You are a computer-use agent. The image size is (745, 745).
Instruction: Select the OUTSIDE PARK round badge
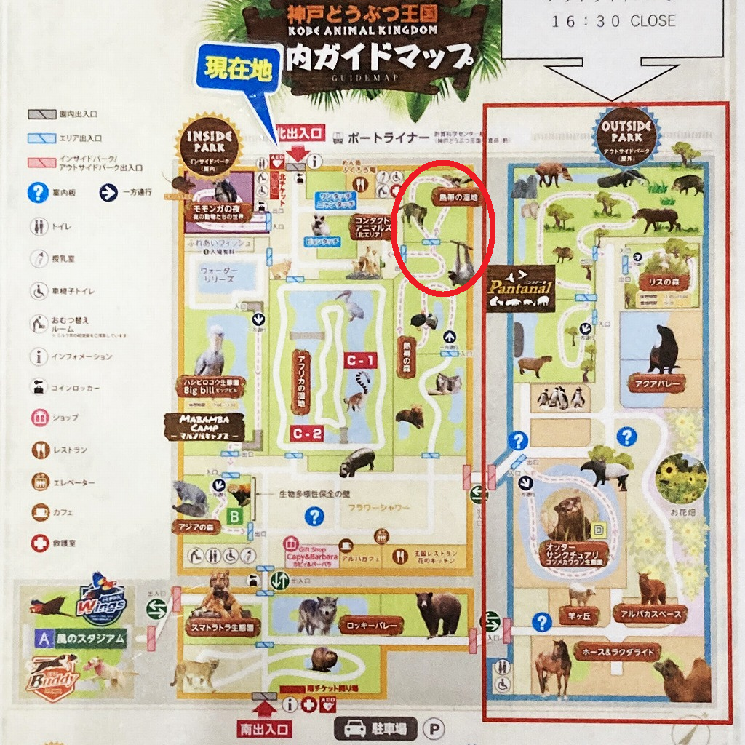pos(621,131)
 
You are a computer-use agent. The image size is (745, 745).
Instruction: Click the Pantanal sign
pos(520,288)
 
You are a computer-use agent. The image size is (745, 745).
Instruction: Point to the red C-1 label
pos(361,360)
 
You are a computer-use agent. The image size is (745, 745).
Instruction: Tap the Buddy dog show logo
pos(55,677)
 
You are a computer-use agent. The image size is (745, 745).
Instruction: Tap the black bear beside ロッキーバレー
pos(438,610)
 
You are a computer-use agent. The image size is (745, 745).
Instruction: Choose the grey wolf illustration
pos(317,615)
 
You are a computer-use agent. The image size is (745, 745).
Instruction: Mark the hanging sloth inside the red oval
pos(461,263)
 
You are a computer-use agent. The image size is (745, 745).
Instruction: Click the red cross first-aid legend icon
pos(40,543)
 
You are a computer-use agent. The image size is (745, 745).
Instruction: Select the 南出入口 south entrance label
pos(263,728)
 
